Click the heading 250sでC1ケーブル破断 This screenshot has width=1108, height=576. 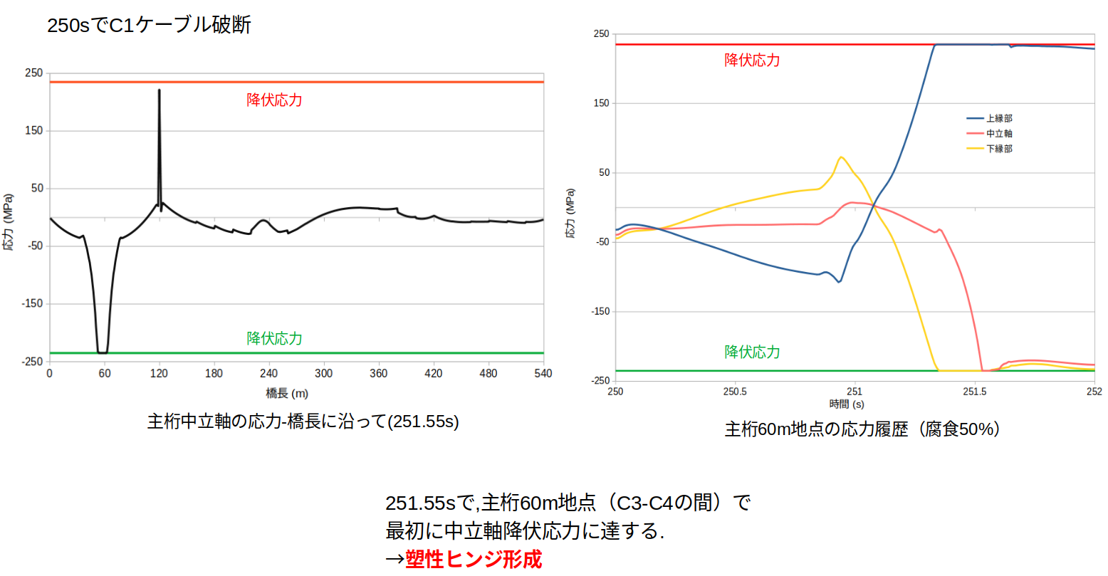(x=149, y=26)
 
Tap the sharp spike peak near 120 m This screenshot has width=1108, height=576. (x=159, y=90)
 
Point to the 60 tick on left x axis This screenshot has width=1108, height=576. (x=105, y=373)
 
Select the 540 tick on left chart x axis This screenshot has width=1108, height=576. (x=543, y=373)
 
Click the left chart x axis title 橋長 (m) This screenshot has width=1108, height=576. (x=287, y=393)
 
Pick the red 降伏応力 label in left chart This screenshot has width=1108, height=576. (x=274, y=100)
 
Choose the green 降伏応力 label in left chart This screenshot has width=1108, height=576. (x=274, y=338)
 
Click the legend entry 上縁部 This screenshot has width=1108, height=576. (x=998, y=118)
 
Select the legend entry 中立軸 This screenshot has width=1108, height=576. (x=998, y=133)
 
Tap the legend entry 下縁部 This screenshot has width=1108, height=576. (x=998, y=148)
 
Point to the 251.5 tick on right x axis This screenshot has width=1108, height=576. (x=974, y=392)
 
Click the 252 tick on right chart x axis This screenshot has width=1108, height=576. (x=1094, y=392)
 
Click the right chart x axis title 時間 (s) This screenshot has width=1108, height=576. (x=846, y=404)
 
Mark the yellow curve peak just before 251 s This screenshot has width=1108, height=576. (x=842, y=157)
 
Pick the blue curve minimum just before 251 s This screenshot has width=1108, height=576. (x=840, y=282)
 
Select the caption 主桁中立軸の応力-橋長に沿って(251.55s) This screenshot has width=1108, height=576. (x=303, y=421)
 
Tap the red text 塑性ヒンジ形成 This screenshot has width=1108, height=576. (x=473, y=560)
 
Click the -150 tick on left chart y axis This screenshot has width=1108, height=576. (x=32, y=304)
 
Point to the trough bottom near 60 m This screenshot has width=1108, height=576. (x=103, y=352)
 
